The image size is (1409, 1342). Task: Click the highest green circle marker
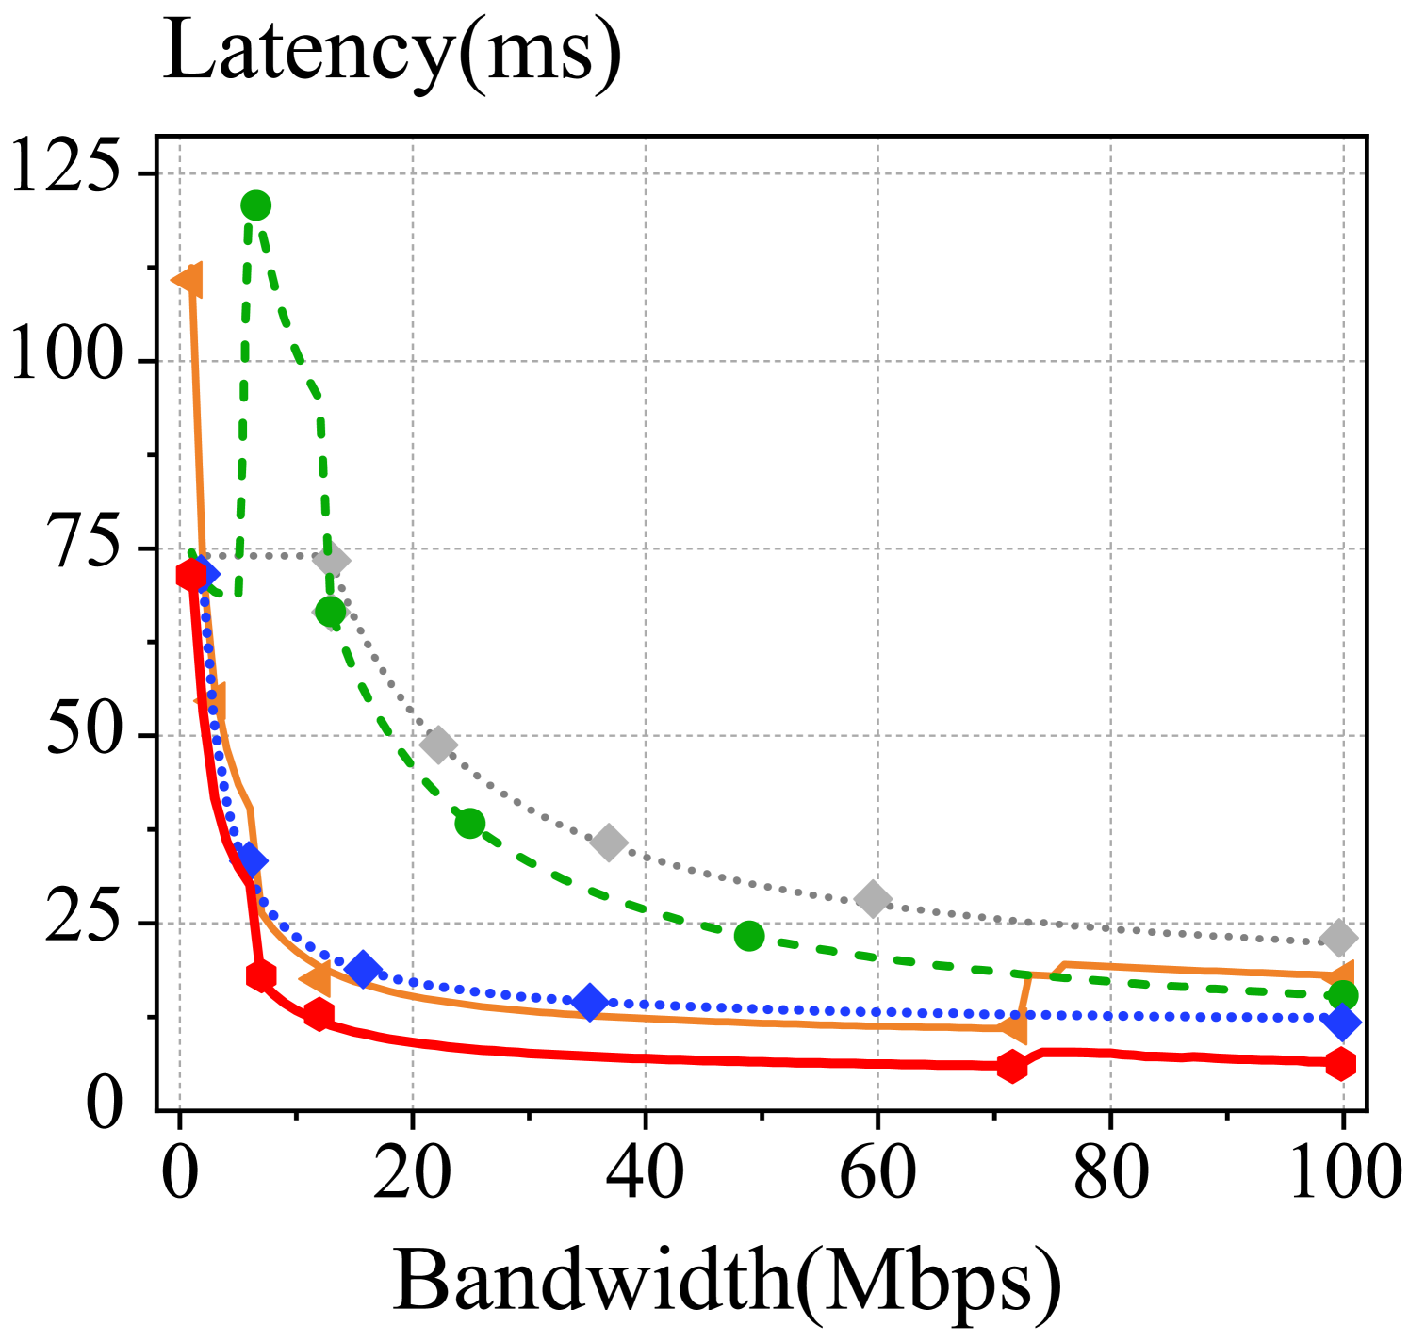pos(255,205)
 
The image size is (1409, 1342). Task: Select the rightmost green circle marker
pos(1342,995)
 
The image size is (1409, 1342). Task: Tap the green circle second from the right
pos(748,936)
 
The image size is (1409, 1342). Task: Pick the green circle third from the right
pos(469,823)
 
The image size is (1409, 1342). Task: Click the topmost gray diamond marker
pos(332,560)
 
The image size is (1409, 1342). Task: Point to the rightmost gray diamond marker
pos(1338,937)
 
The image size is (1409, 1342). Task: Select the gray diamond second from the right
pos(873,899)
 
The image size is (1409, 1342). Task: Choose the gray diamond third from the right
pos(609,843)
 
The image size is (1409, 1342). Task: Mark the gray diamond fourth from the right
pos(437,745)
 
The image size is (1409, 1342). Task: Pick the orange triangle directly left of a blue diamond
pos(319,980)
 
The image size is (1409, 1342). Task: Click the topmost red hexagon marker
pos(190,574)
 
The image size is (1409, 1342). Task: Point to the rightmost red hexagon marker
pos(1340,1064)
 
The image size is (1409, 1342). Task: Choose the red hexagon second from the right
pos(1011,1066)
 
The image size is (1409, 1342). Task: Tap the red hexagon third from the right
pos(319,1014)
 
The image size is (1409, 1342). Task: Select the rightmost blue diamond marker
pos(1342,1023)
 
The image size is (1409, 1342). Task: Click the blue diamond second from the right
pos(590,1002)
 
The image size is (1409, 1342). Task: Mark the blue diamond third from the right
pos(363,969)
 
